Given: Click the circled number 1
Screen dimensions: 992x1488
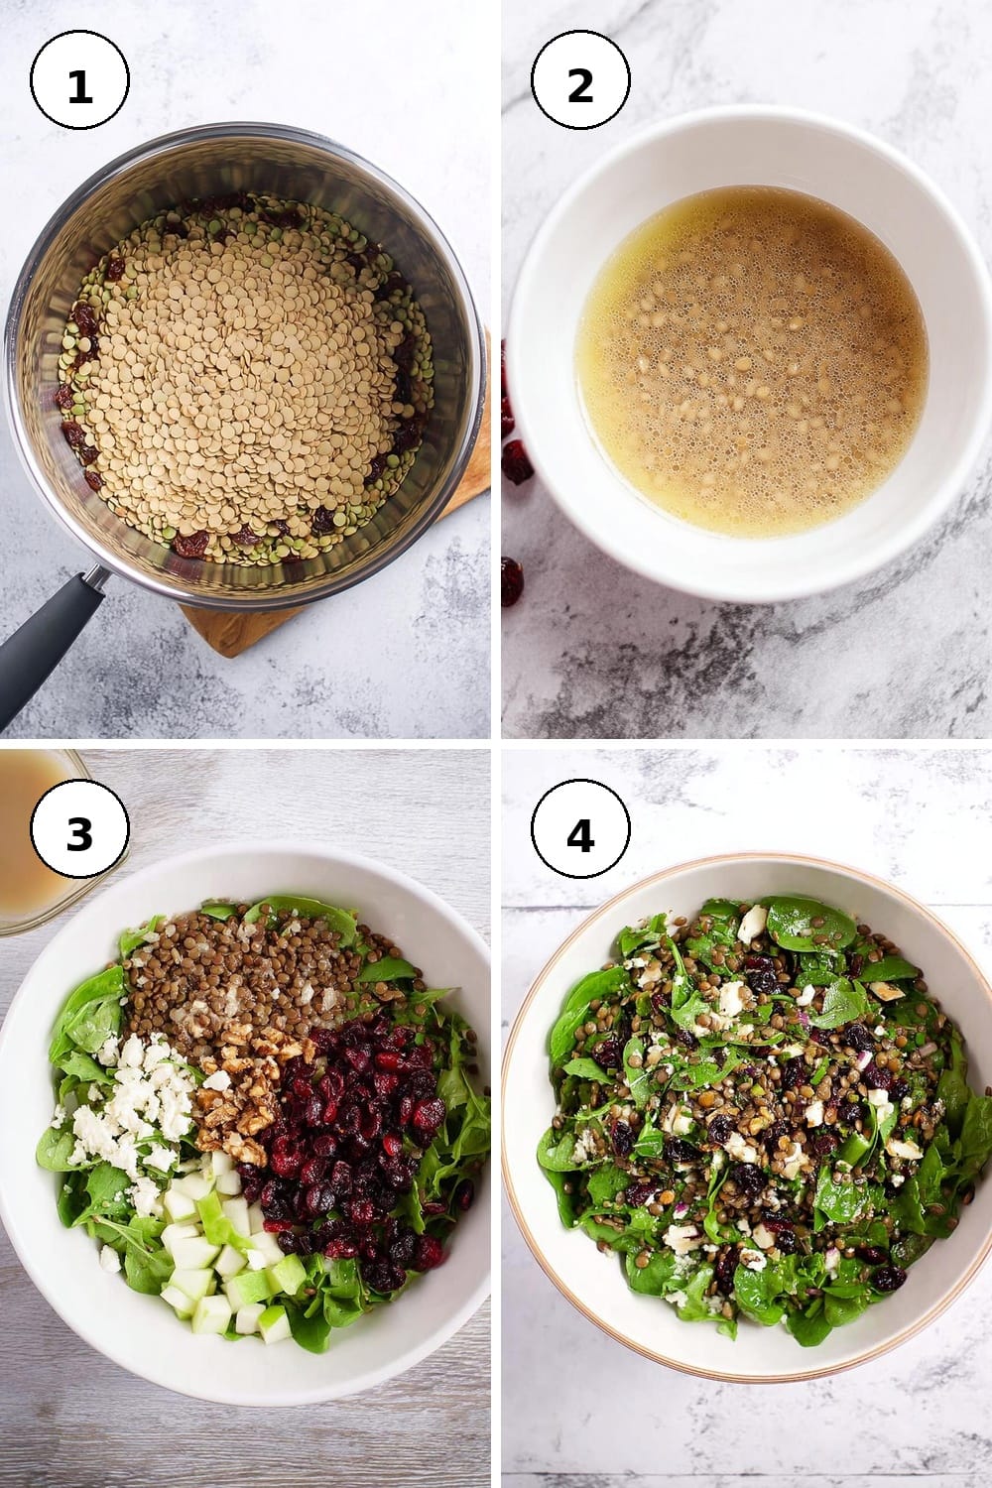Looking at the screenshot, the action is [79, 80].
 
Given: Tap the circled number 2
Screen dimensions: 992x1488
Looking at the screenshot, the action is [580, 80].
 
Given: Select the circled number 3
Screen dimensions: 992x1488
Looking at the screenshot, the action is [79, 829].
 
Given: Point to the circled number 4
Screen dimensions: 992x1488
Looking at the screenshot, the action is [580, 829].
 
